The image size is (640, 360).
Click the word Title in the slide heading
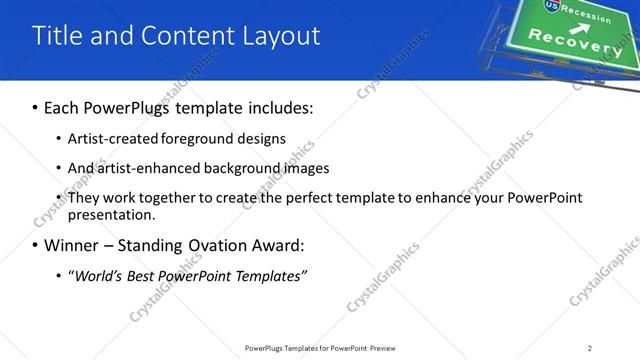click(x=56, y=36)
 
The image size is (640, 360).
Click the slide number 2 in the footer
click(x=590, y=347)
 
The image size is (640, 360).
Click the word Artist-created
click(x=111, y=139)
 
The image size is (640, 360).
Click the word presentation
click(x=111, y=214)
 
